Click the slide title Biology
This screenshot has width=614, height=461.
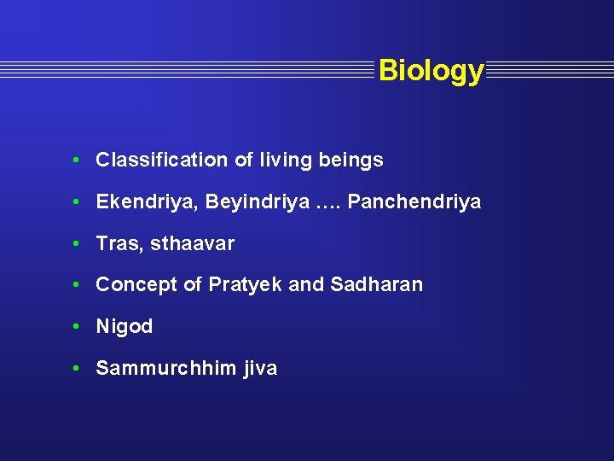pos(431,70)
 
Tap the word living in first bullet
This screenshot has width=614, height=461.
pos(287,160)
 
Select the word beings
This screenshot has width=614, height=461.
pos(350,160)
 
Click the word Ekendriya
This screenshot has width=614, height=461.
pos(137,202)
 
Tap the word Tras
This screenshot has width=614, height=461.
pos(118,243)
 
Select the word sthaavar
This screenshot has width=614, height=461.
pos(192,243)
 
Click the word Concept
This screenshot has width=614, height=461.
pos(136,285)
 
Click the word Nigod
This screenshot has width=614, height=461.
pos(124,326)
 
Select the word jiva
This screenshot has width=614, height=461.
pos(260,368)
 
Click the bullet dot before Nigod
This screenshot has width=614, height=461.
pos(77,326)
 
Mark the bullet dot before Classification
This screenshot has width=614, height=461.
pos(77,160)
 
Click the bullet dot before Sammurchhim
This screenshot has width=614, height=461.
pos(77,368)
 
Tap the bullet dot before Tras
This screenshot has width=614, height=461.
pos(77,243)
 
